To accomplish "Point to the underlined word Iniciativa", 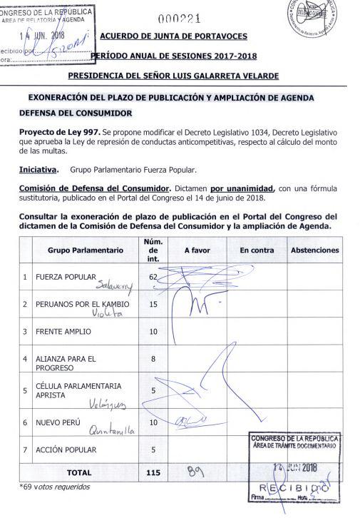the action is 38,171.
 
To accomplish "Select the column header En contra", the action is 257,250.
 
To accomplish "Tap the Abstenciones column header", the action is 314,250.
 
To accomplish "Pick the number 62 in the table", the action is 153,275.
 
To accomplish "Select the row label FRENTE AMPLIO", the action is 62,332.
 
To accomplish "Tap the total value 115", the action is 153,472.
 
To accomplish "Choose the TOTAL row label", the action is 79,472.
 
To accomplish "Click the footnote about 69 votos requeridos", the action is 54,487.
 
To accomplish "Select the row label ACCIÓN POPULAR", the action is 66,450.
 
